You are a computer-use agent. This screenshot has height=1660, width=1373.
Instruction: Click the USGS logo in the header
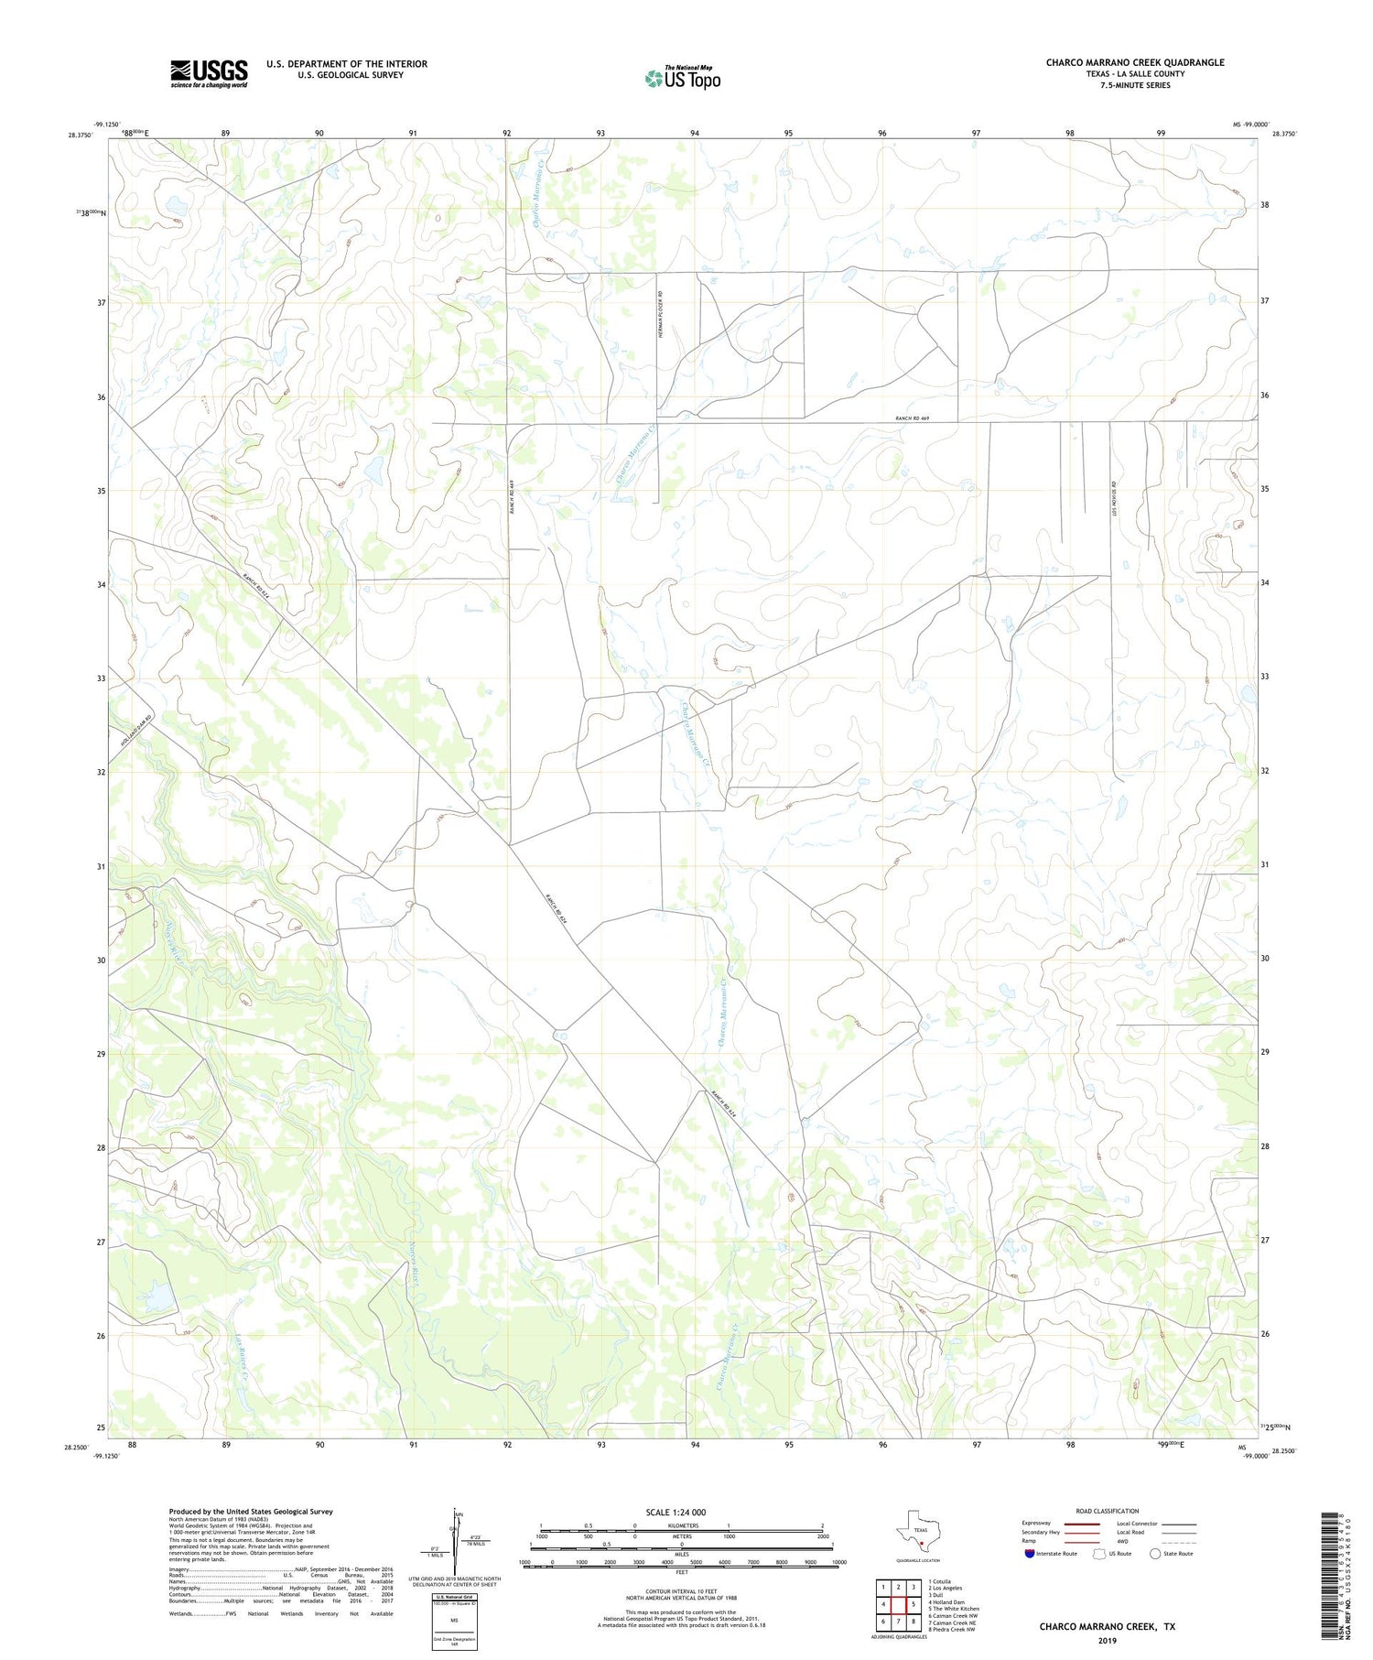[209, 73]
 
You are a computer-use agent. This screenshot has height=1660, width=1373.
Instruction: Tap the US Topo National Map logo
[682, 79]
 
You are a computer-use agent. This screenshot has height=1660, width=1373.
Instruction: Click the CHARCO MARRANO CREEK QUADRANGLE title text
[1135, 62]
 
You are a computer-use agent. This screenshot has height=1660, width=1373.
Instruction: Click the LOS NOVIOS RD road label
[1115, 503]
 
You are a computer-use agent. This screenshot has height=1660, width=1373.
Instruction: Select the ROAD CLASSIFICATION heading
[1108, 1511]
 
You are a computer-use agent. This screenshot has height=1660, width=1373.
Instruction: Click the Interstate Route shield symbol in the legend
[1030, 1554]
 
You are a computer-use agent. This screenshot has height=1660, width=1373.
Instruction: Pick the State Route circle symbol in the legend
[1155, 1554]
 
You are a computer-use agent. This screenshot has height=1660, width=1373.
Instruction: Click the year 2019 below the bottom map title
[1107, 1641]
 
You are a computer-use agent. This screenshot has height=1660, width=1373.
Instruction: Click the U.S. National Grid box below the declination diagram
[454, 1620]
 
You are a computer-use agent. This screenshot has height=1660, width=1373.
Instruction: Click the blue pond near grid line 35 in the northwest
[374, 470]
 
